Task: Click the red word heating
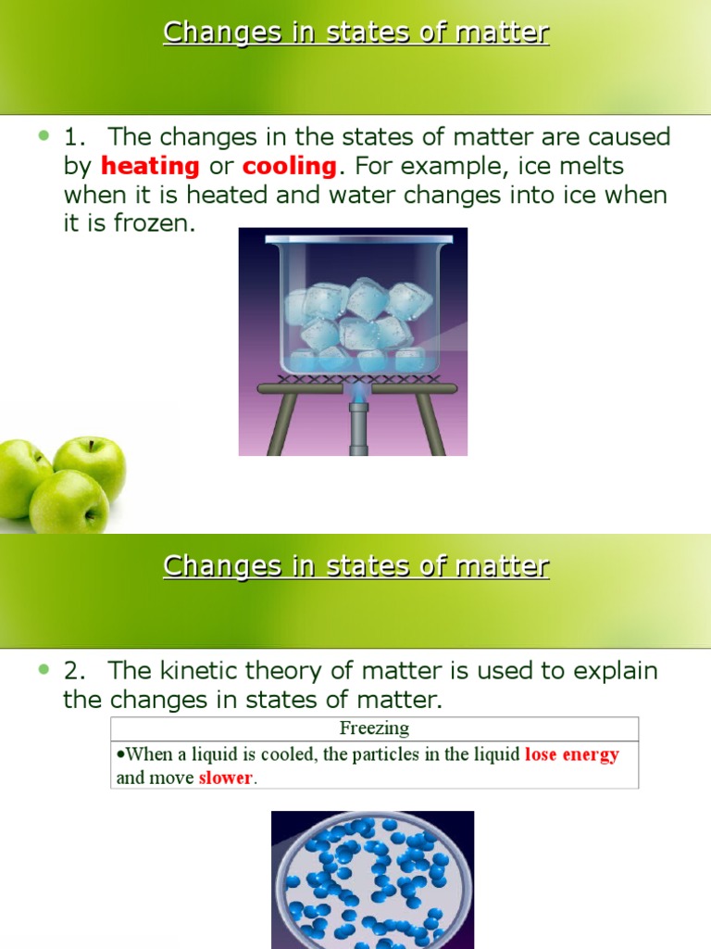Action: pos(150,167)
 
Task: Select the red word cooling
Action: pos(289,167)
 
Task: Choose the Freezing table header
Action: pos(374,728)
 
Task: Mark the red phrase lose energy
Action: pos(571,754)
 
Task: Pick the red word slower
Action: pos(226,778)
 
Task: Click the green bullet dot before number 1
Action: pos(44,136)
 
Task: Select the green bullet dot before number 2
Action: pos(44,669)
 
